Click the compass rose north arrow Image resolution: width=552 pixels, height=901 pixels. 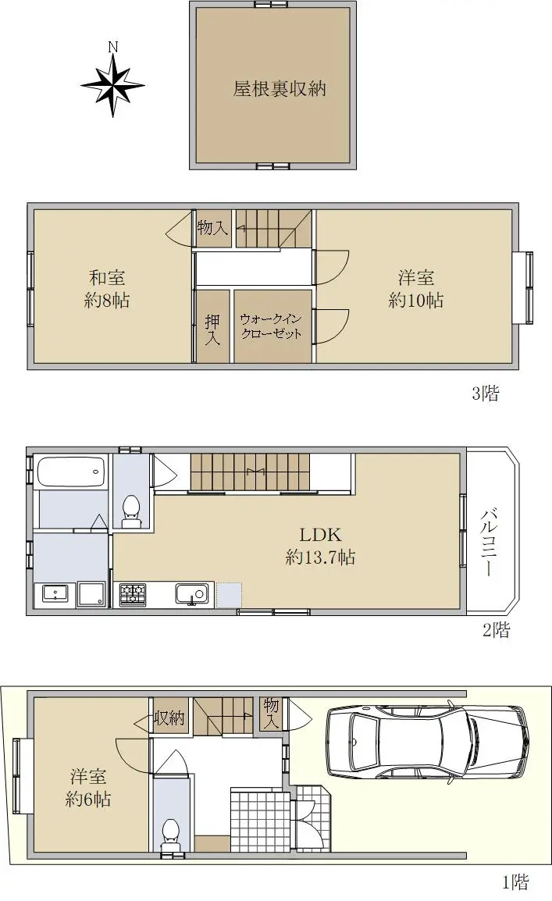pyautogui.click(x=113, y=84)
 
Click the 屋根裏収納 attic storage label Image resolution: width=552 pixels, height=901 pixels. pyautogui.click(x=280, y=88)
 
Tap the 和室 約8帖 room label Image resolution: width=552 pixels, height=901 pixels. pyautogui.click(x=107, y=289)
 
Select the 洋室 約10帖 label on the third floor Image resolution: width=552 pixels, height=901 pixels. pyautogui.click(x=416, y=289)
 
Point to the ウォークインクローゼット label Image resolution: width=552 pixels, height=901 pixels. pyautogui.click(x=271, y=326)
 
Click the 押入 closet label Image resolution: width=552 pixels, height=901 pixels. pyautogui.click(x=212, y=329)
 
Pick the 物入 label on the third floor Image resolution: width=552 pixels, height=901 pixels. pyautogui.click(x=212, y=227)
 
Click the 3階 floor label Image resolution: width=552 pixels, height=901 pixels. pyautogui.click(x=486, y=393)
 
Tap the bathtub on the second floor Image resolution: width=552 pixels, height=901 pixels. pyautogui.click(x=72, y=471)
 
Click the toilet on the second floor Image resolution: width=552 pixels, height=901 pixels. pyautogui.click(x=131, y=511)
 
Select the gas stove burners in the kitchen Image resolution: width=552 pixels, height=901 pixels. pyautogui.click(x=133, y=594)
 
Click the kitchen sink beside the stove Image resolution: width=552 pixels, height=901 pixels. pyautogui.click(x=192, y=594)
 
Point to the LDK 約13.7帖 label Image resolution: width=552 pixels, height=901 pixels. pyautogui.click(x=321, y=546)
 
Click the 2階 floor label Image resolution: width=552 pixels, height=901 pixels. pyautogui.click(x=497, y=630)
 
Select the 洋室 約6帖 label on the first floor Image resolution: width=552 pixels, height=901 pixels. pyautogui.click(x=88, y=788)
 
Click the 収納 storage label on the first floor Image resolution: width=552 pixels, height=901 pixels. pyautogui.click(x=169, y=718)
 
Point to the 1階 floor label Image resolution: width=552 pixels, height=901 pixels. pyautogui.click(x=515, y=881)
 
